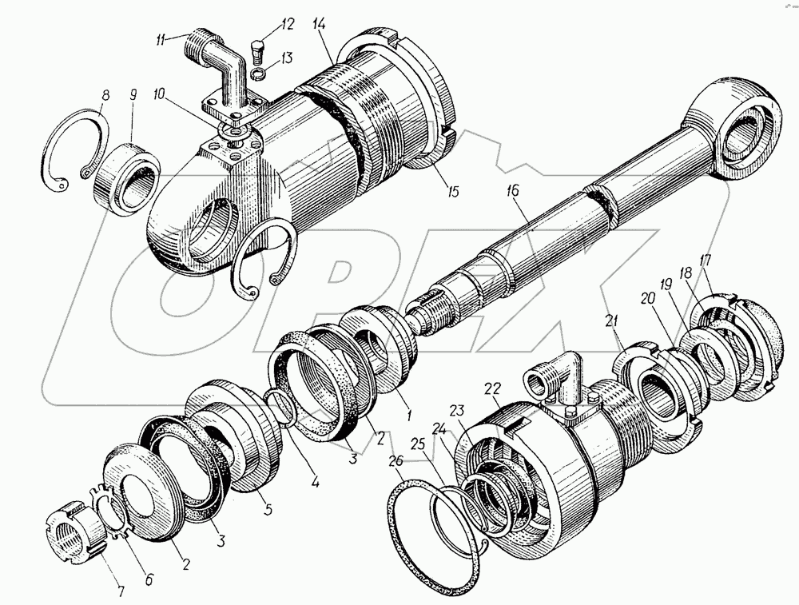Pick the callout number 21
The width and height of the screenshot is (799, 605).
[613, 321]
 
